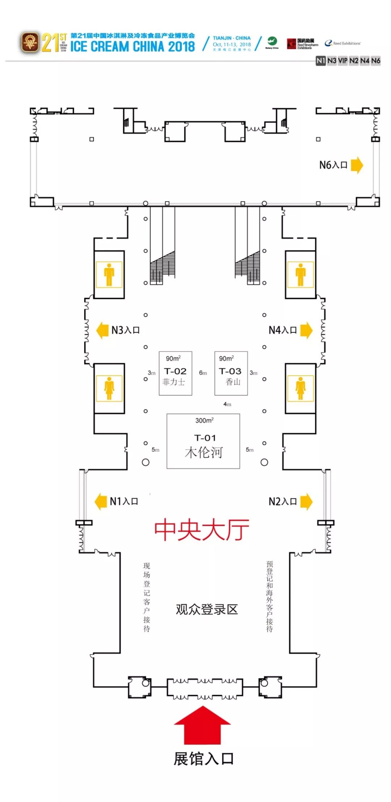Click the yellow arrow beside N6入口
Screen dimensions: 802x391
click(x=357, y=165)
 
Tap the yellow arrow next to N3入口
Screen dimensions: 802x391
click(x=102, y=330)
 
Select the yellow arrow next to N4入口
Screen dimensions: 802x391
click(x=306, y=330)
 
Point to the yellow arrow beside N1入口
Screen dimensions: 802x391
click(x=101, y=501)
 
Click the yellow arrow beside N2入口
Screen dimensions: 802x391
click(x=306, y=501)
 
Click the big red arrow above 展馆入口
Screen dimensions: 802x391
click(x=202, y=724)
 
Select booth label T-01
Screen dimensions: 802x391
click(x=205, y=438)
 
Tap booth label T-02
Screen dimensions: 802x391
click(x=175, y=371)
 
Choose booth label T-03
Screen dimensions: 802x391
click(x=230, y=371)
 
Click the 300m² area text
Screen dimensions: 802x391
click(x=204, y=420)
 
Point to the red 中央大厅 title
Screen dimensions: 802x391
click(x=202, y=530)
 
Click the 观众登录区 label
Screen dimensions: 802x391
click(x=207, y=609)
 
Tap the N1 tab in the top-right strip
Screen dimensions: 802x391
click(x=321, y=60)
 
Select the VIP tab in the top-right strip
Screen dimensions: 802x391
click(x=342, y=60)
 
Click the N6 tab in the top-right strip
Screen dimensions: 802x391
click(x=376, y=60)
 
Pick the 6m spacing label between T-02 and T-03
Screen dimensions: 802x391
click(x=203, y=373)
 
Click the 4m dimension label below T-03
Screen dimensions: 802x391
click(x=227, y=404)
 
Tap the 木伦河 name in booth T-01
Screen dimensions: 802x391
click(x=203, y=453)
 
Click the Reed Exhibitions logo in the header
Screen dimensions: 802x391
click(x=343, y=43)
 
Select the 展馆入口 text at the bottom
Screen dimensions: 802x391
click(x=204, y=759)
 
